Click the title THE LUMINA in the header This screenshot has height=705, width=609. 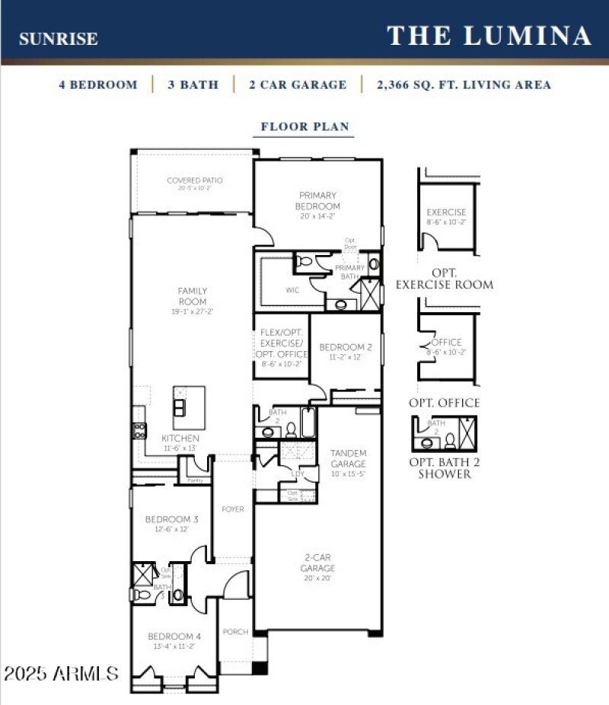click(x=489, y=36)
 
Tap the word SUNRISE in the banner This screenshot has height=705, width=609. click(x=58, y=39)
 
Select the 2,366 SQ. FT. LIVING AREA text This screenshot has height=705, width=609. click(x=464, y=85)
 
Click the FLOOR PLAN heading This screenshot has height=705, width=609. click(x=304, y=126)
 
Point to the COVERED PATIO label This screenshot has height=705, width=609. click(x=195, y=183)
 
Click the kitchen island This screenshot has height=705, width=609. click(x=189, y=407)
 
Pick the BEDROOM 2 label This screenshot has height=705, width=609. click(x=346, y=351)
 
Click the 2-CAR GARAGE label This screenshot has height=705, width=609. click(x=317, y=568)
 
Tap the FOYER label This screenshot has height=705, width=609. click(x=233, y=509)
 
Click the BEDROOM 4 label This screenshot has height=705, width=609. click(x=174, y=640)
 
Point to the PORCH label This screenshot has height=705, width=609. click(x=235, y=632)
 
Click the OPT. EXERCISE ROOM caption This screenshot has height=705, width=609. click(x=445, y=279)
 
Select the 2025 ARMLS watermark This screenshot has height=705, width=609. click(x=61, y=674)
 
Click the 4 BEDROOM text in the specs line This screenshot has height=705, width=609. click(x=98, y=85)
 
